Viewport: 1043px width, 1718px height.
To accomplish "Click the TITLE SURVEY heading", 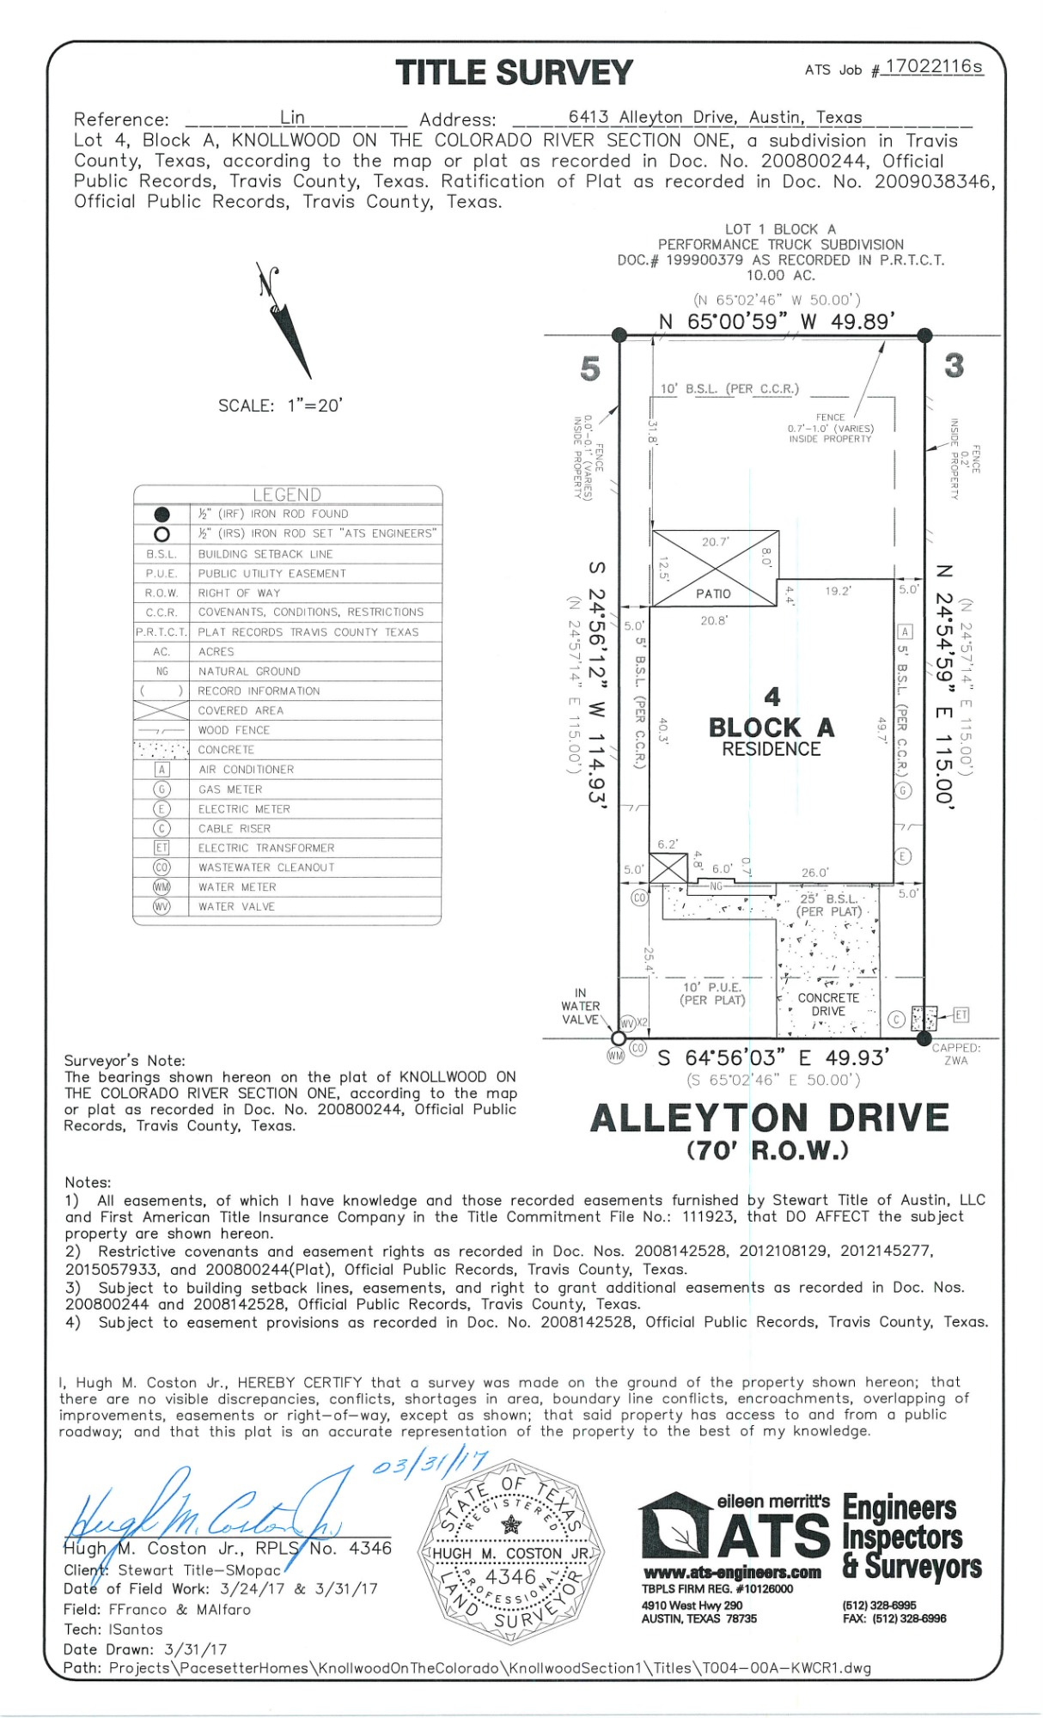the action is pos(514,73).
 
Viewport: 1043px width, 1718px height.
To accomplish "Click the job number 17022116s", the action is pos(933,67).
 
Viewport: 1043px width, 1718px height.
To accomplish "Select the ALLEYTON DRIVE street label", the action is pos(769,1118).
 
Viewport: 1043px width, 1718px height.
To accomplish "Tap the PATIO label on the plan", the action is pos(713,594).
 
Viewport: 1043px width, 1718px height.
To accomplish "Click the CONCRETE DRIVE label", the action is pos(828,1004).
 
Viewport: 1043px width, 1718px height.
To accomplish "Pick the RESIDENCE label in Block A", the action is pos(771,749).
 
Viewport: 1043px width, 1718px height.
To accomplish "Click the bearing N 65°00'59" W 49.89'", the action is pos(776,321).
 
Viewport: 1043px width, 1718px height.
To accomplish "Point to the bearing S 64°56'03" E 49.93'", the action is pos(773,1057).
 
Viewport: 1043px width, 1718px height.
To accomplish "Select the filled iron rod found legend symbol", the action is pos(162,515).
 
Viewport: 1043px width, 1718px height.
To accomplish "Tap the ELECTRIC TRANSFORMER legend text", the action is pos(266,848).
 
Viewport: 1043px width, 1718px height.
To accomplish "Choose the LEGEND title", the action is pos(287,495).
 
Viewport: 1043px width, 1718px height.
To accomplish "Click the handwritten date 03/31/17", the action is pos(430,1462).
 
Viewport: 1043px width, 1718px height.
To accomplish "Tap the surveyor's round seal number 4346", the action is pos(510,1577).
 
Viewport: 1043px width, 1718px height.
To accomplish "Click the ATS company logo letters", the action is pos(773,1537).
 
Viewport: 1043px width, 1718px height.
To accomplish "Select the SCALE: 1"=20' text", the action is pos(280,405).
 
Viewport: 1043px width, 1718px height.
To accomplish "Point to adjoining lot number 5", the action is pos(589,369).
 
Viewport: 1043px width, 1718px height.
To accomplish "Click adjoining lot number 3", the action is pos(954,366).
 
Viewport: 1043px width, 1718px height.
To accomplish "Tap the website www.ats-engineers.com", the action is pos(732,1573).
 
